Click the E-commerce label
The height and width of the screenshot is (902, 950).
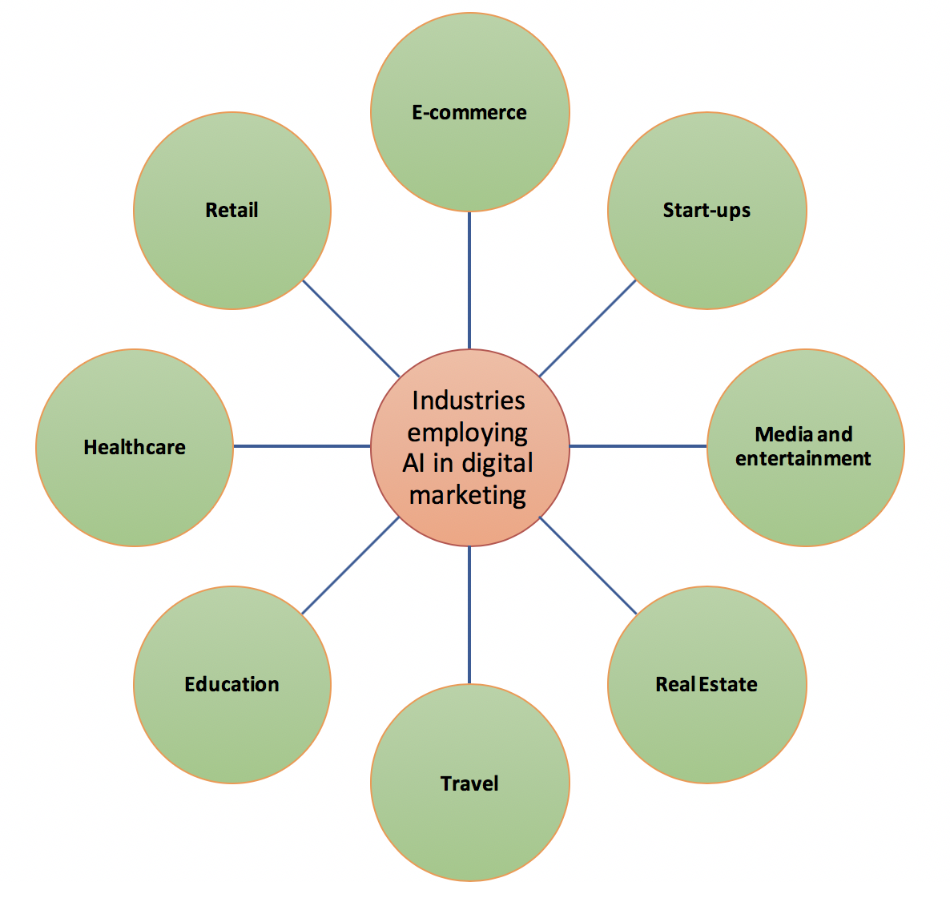[x=469, y=113]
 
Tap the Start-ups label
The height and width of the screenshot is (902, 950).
[x=706, y=211]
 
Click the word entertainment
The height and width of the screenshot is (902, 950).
[x=803, y=458]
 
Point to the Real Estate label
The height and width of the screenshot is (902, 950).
[x=706, y=685]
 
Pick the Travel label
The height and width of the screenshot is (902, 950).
[x=469, y=784]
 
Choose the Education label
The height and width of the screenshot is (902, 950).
[x=232, y=685]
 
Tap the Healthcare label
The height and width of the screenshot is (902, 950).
[x=135, y=447]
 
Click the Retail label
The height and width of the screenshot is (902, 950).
[x=232, y=210]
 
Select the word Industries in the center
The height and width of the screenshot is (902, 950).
[x=469, y=401]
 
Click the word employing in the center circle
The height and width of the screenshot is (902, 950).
[x=468, y=433]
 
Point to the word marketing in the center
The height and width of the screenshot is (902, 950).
[x=468, y=496]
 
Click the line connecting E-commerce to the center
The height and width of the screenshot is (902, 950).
[x=469, y=280]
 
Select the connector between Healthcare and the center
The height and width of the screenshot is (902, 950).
[x=302, y=446]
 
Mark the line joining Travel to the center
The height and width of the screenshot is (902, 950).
[x=469, y=615]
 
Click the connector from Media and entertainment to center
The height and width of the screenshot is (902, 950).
[x=638, y=446]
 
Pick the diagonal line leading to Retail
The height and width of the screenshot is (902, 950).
[x=351, y=328]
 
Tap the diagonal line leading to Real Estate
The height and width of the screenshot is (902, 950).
[x=588, y=566]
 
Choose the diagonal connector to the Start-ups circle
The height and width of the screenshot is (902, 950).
[x=588, y=328]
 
